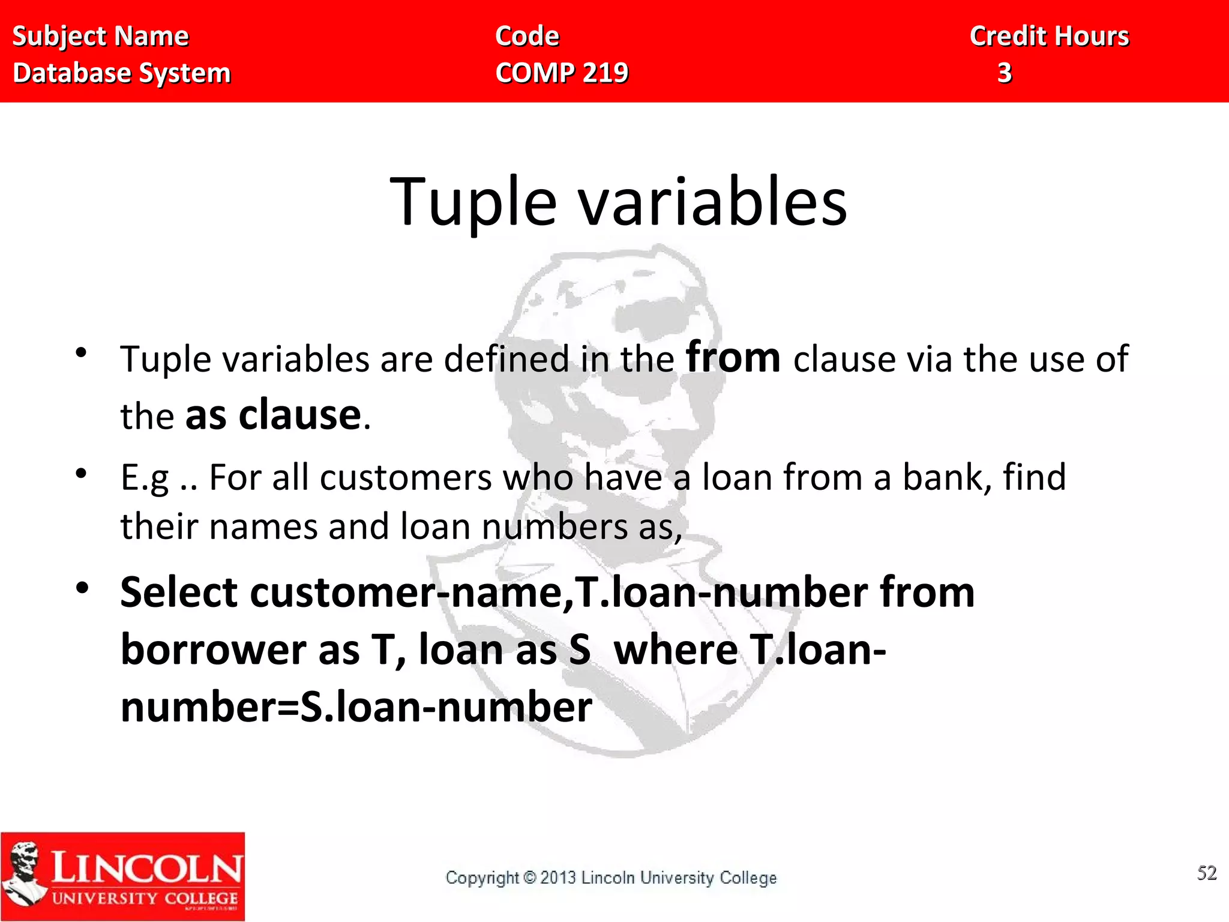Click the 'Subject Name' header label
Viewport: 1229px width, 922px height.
[100, 37]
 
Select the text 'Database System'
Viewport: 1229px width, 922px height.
[121, 73]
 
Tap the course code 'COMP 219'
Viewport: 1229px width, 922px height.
[562, 73]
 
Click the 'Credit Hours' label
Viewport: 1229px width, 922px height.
[1049, 37]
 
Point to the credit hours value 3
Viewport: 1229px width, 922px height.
[1005, 73]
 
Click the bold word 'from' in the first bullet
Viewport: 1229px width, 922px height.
[733, 358]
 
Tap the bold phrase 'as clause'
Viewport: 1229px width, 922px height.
[273, 415]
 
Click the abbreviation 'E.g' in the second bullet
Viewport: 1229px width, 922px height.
[145, 478]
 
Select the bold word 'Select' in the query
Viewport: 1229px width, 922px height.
[179, 593]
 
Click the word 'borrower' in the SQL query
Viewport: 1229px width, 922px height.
[214, 651]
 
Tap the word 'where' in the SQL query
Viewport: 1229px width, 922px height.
[676, 651]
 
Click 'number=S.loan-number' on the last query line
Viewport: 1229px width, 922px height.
[356, 707]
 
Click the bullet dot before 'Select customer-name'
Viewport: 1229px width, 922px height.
[82, 587]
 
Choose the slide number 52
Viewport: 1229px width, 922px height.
[1206, 873]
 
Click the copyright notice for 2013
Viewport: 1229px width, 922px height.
[611, 878]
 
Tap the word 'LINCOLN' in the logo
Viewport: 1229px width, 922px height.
[147, 868]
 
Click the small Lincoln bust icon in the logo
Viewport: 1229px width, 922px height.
[24, 873]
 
